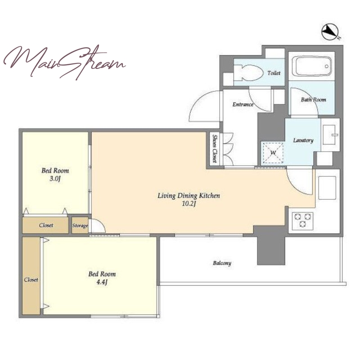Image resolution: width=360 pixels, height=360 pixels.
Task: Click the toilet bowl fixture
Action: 248,73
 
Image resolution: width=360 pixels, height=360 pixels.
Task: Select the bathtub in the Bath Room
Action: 311,66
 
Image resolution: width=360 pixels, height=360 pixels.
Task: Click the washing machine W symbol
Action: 273,153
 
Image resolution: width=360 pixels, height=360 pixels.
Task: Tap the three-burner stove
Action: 302,221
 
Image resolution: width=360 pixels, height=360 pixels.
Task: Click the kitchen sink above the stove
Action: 327,188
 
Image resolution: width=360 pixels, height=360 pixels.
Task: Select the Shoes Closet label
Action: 215,148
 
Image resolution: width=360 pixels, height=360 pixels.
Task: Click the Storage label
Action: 80,225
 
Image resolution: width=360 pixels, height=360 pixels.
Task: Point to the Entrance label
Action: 243,104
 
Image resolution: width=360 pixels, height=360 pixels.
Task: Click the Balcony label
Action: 222,263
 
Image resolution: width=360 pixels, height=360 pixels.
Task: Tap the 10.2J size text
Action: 189,204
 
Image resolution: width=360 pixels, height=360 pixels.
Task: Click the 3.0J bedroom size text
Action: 55,179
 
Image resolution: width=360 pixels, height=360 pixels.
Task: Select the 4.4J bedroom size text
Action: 102,282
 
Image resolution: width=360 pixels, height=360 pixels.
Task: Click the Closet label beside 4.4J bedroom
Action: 31,279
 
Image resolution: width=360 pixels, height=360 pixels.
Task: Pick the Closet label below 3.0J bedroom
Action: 46,225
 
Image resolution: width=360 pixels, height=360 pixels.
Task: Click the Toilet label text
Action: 274,73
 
